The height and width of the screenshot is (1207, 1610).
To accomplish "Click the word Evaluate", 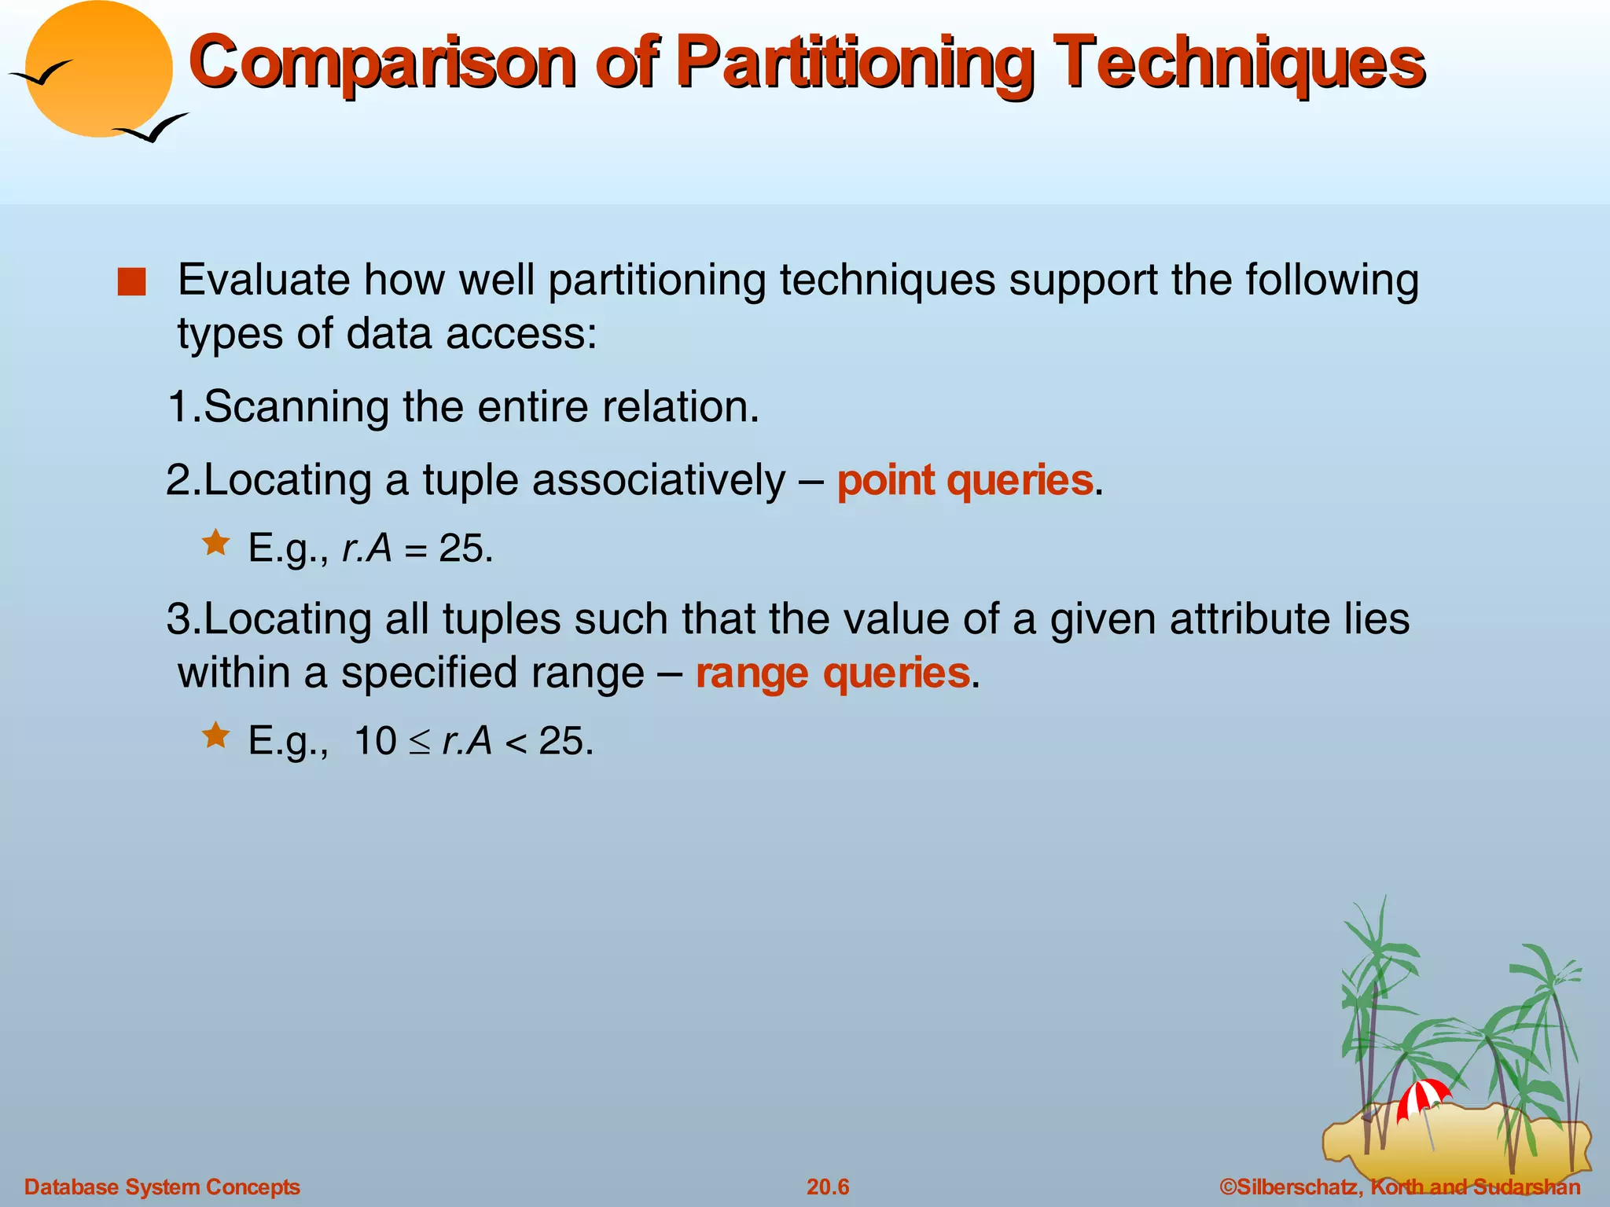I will click(x=264, y=281).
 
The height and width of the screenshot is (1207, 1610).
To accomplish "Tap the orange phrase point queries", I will click(x=965, y=480).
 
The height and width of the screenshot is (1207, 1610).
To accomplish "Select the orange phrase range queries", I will click(x=833, y=673).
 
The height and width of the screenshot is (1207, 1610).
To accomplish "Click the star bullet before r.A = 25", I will click(x=215, y=543).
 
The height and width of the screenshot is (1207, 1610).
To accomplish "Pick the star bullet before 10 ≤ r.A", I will click(x=215, y=736).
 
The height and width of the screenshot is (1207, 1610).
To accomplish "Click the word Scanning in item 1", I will click(x=296, y=408).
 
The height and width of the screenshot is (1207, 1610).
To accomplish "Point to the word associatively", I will click(x=659, y=480).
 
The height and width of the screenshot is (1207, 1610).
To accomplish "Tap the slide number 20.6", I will click(x=828, y=1187).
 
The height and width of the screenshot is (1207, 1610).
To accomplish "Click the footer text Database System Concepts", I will click(x=163, y=1187).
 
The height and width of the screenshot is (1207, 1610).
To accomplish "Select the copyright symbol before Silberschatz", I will click(x=1228, y=1187).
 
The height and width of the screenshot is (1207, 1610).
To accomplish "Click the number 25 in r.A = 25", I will click(x=461, y=548).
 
